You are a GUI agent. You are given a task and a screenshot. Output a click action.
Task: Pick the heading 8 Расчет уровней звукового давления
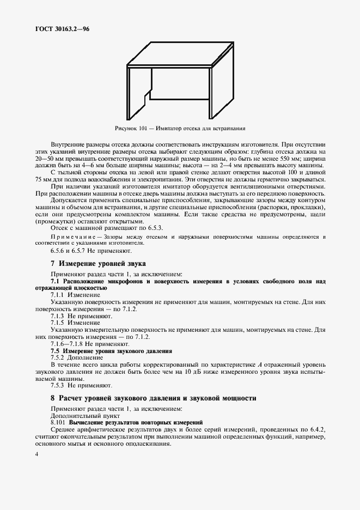click(153, 398)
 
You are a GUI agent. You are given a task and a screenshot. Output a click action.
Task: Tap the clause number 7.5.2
click(59, 357)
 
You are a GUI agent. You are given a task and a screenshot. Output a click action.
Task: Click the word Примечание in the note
click(73, 238)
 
